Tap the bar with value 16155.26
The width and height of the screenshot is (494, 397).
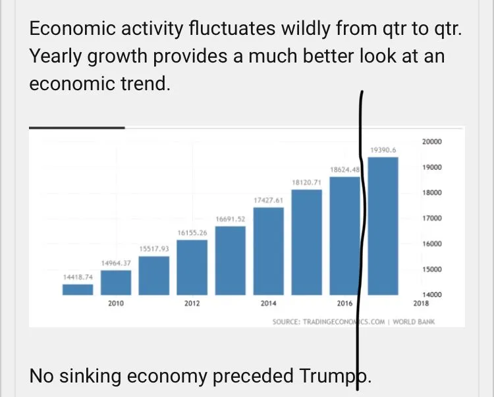tap(192, 267)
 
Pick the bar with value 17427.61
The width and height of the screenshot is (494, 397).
tap(268, 251)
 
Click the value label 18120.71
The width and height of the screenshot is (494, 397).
tap(306, 182)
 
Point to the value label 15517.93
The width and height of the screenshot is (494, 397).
tap(154, 249)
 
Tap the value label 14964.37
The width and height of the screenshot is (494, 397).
tap(116, 263)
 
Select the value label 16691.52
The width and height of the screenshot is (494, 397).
tap(231, 219)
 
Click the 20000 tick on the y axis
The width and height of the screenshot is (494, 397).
tap(431, 142)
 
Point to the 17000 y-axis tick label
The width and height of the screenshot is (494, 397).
tap(431, 219)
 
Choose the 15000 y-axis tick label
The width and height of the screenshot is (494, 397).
tap(431, 270)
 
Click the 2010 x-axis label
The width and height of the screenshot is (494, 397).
tap(116, 304)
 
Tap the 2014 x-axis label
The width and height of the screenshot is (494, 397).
tap(268, 304)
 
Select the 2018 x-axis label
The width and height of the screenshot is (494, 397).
tap(421, 304)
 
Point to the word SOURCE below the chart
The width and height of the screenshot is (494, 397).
tap(286, 322)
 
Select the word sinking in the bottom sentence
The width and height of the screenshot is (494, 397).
tap(97, 376)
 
